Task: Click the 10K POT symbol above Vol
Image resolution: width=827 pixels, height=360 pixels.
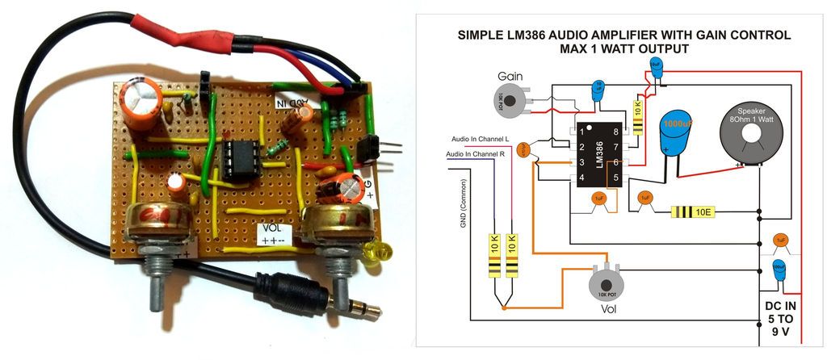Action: click(604, 284)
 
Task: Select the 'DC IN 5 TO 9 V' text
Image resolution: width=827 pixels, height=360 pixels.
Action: click(779, 317)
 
